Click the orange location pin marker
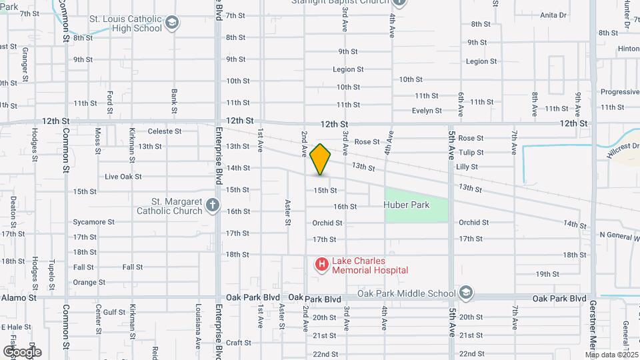click(x=320, y=159)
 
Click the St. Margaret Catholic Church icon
click(x=213, y=205)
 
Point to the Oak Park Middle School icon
click(x=466, y=293)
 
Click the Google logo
click(x=22, y=351)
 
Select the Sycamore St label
click(x=90, y=222)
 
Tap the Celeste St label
click(x=165, y=131)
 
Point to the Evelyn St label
click(x=427, y=111)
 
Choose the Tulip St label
click(x=471, y=153)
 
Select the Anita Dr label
click(x=553, y=15)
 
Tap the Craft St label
click(x=238, y=343)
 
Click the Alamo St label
click(x=18, y=297)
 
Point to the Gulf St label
click(x=114, y=312)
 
